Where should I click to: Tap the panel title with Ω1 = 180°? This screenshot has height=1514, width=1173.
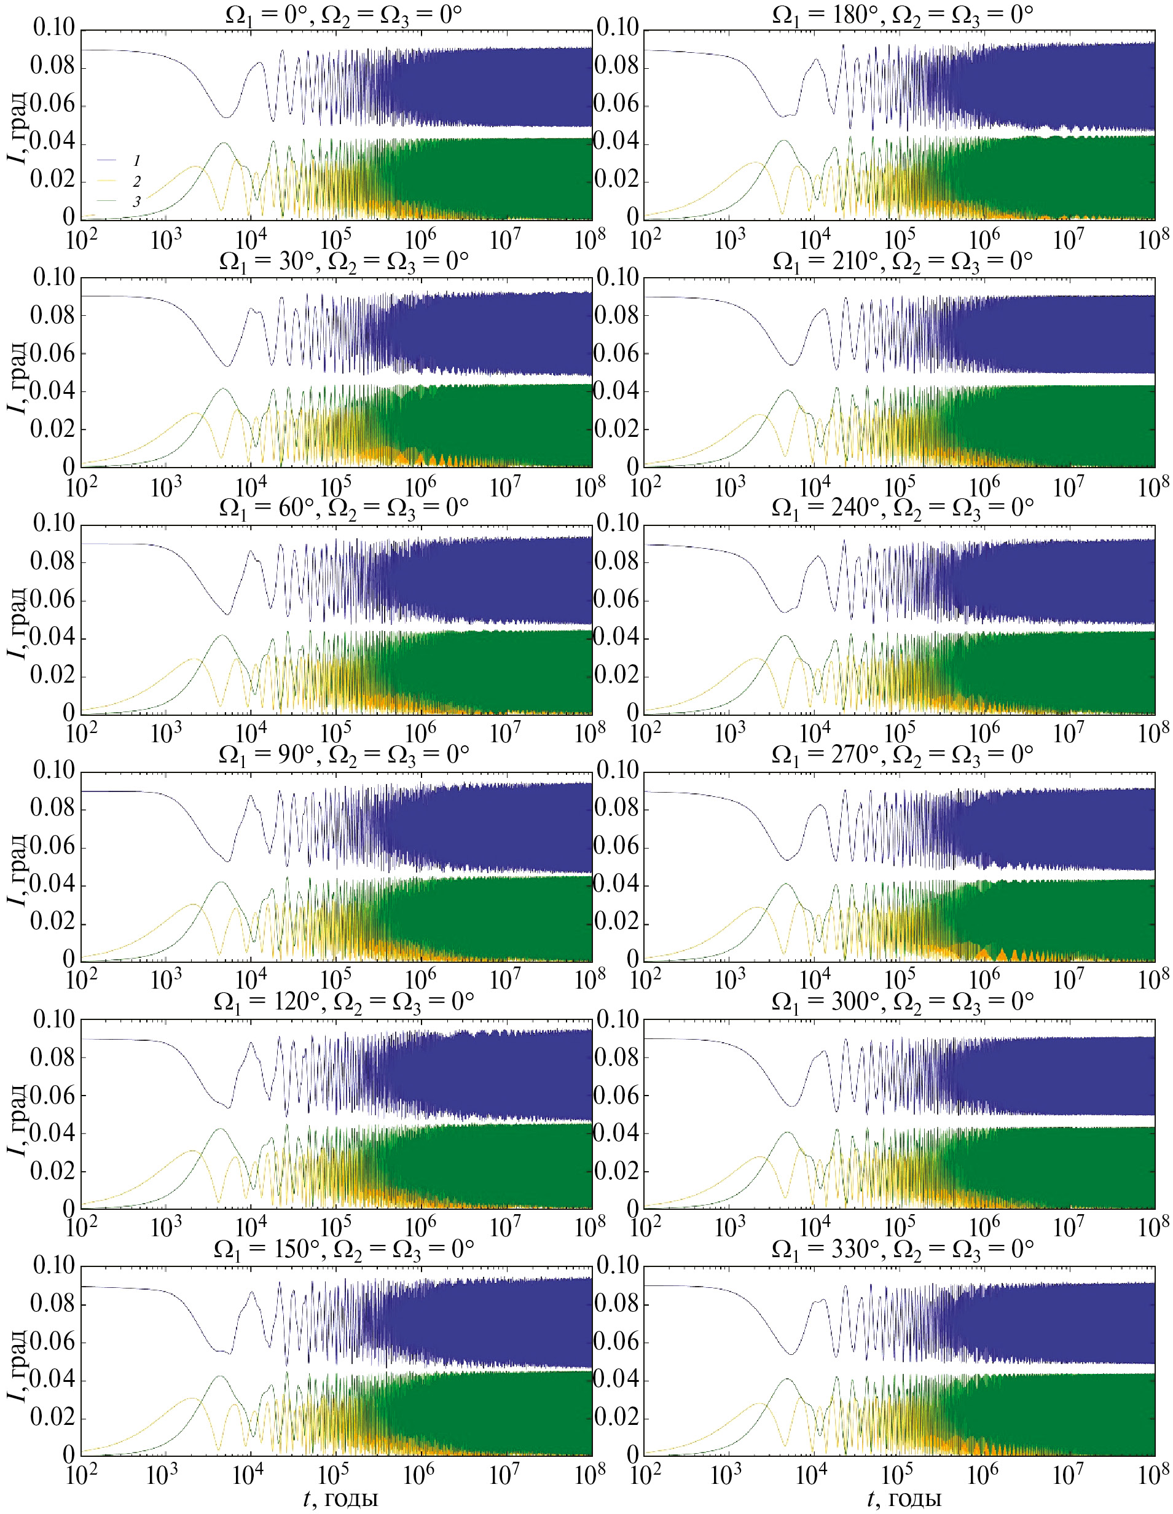coord(903,15)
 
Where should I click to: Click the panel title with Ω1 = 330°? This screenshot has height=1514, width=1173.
coord(903,1249)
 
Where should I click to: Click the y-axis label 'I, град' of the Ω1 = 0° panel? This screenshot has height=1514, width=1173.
coord(17,125)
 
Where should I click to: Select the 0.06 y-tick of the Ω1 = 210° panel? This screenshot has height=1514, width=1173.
coord(616,353)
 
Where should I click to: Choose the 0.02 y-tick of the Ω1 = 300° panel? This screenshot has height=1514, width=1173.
coord(616,1172)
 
